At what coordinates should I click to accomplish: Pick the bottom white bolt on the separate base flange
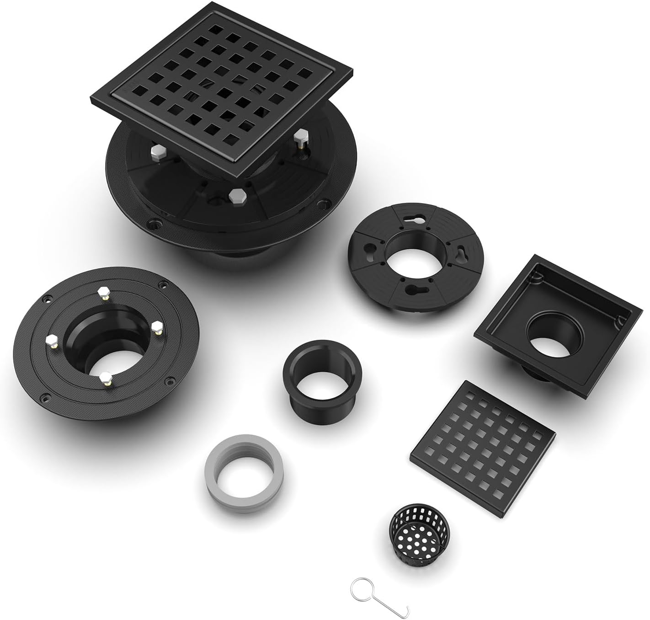106,377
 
